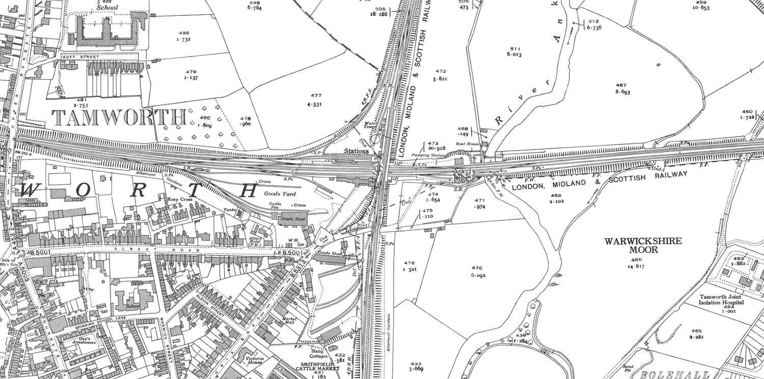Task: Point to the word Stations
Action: pyautogui.click(x=356, y=151)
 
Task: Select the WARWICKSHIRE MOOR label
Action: pyautogui.click(x=643, y=245)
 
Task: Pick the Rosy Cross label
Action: pyautogui.click(x=179, y=200)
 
